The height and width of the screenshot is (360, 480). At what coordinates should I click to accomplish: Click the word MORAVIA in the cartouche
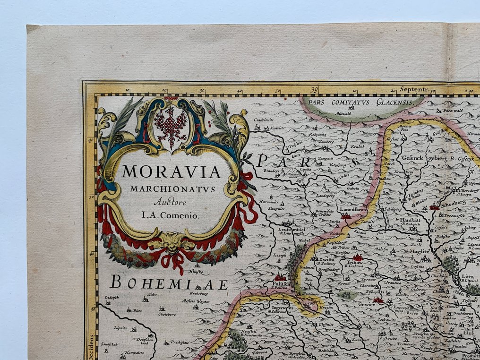(171, 172)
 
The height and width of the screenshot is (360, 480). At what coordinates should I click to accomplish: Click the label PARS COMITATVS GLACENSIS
(358, 102)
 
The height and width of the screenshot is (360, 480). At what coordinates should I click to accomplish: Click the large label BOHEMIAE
(169, 284)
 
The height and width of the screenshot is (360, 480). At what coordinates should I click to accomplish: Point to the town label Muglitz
(420, 252)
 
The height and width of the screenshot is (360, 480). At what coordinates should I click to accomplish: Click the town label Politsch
(280, 283)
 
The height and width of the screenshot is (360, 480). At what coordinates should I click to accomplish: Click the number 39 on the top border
(314, 89)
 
